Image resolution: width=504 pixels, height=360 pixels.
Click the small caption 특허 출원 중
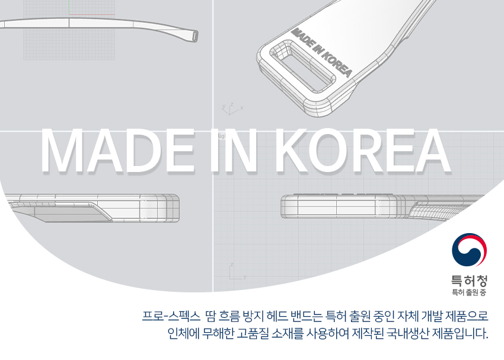tap(469, 292)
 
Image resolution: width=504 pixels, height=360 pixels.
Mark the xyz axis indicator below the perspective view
tap(231, 107)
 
